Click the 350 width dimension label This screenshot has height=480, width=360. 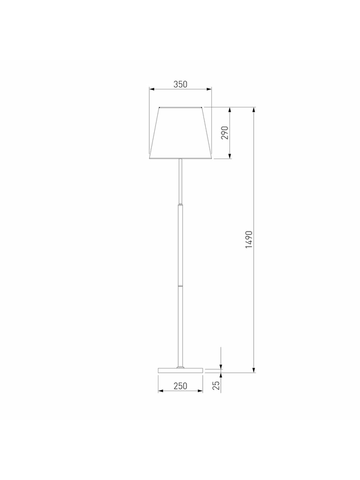[x=181, y=84]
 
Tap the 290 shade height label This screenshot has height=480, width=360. [x=225, y=133]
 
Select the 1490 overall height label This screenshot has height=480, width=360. [x=249, y=239]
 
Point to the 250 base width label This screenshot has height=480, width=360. [x=181, y=386]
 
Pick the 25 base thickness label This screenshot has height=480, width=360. [x=217, y=385]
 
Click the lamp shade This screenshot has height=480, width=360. [x=181, y=133]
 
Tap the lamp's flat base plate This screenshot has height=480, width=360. [x=181, y=370]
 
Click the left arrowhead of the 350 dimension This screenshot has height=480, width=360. [x=152, y=89]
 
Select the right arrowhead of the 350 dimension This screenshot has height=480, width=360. [x=209, y=89]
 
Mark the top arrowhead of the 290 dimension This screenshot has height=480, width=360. [x=230, y=110]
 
